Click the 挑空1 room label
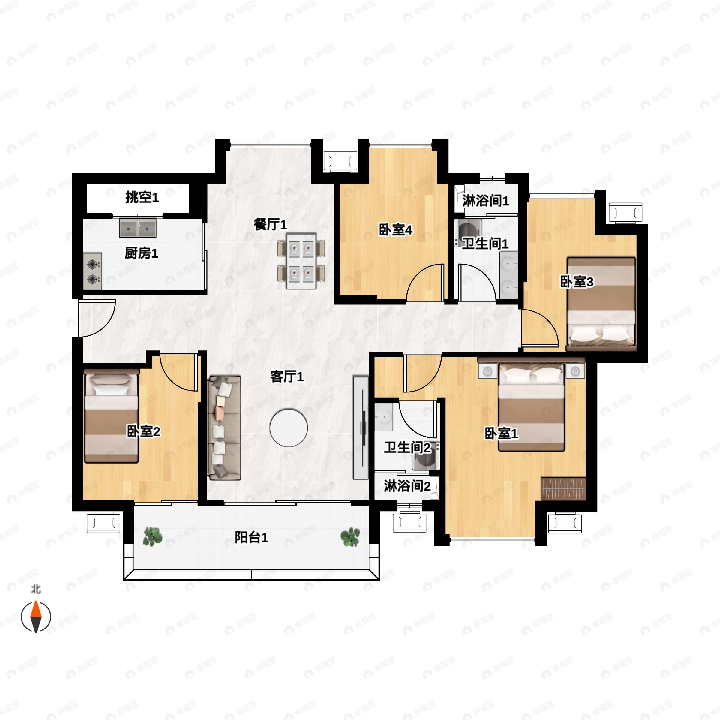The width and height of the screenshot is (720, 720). (142, 197)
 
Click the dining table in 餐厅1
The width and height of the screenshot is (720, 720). (301, 261)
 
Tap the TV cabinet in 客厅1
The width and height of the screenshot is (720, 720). (360, 427)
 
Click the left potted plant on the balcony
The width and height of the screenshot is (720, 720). (153, 537)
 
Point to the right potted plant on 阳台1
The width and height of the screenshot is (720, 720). (350, 537)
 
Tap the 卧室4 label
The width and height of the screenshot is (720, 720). (395, 230)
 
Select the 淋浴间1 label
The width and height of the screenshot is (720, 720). (485, 201)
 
